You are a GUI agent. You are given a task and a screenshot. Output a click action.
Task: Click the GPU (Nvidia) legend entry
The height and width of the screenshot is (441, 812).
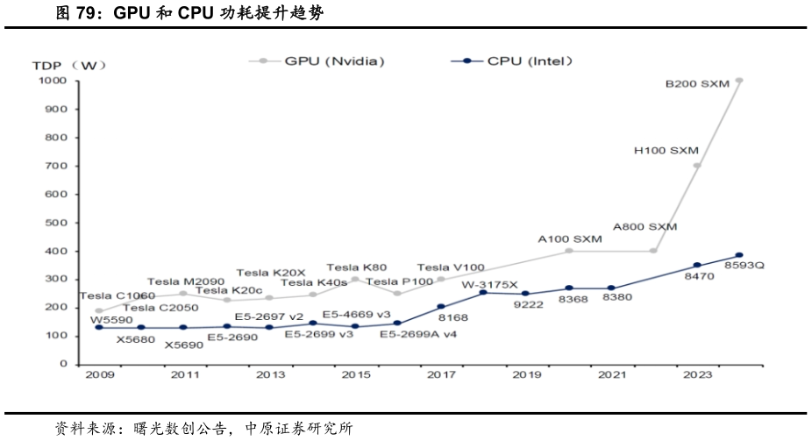tap(333, 61)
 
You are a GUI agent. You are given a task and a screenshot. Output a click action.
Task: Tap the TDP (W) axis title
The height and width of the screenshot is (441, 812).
tap(69, 66)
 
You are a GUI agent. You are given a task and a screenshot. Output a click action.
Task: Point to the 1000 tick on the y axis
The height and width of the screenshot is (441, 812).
tap(53, 82)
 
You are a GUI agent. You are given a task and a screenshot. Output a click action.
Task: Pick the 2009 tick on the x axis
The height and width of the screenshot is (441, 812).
tap(98, 375)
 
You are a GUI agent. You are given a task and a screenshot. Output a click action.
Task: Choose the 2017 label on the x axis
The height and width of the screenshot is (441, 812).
tap(440, 375)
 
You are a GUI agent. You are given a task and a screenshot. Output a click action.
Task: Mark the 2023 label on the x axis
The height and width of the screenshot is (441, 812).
tap(697, 375)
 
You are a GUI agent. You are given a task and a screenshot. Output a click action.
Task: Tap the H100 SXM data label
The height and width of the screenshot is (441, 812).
tap(666, 151)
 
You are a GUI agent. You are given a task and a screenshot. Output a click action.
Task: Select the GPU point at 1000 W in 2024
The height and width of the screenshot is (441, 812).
tap(739, 81)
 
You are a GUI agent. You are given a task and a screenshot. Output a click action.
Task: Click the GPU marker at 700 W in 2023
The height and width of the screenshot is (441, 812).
tap(697, 166)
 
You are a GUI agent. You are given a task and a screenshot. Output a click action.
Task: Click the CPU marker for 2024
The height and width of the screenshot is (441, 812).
tap(739, 255)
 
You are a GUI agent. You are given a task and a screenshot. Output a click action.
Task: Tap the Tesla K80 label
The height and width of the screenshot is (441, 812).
tap(356, 267)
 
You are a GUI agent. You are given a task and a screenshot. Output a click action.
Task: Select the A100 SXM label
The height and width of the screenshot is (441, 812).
tap(569, 238)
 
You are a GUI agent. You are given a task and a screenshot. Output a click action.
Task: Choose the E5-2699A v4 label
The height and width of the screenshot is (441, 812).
tap(417, 333)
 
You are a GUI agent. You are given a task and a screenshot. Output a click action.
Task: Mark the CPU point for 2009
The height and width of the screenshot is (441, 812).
tap(98, 327)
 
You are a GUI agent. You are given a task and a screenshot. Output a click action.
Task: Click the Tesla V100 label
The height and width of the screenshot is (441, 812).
tap(451, 267)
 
